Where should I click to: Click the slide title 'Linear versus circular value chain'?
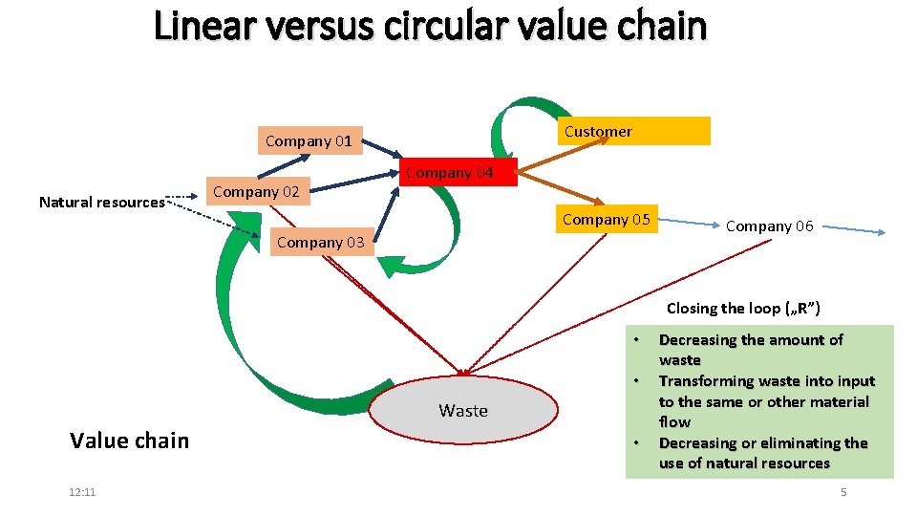point(430,26)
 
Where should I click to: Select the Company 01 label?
point(309,141)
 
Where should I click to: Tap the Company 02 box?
point(256,192)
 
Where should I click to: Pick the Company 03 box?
point(320,243)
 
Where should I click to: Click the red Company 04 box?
point(449,173)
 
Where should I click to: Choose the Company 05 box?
point(606,220)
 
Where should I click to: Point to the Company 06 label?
point(769,226)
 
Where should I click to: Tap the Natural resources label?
point(101,203)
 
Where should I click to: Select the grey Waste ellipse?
point(463,411)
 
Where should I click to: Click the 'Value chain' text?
point(130,441)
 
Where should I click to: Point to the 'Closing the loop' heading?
point(742,309)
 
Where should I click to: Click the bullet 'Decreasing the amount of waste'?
point(751,350)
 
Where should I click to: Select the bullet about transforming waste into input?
point(766,401)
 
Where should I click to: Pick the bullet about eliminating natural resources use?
point(762,453)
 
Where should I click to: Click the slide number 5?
point(842,492)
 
